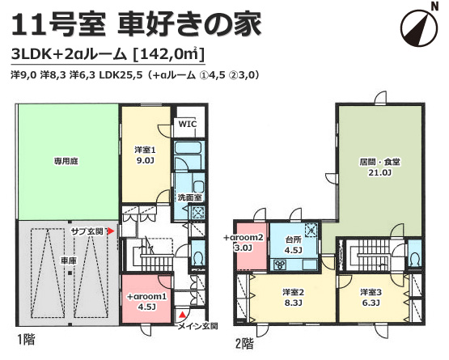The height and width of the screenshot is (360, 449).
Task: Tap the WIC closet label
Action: point(188,124)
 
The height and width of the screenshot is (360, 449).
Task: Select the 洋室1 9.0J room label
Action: point(145,155)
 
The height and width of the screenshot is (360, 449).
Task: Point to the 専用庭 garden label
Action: point(66,161)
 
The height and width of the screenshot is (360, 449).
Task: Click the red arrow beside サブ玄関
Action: point(111,231)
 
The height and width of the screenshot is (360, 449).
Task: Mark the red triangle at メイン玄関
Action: point(182,315)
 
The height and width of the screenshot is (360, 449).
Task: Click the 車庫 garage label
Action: point(69,260)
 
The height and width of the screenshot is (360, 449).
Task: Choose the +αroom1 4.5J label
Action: point(146,301)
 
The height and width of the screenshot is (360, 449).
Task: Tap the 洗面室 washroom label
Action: point(189,197)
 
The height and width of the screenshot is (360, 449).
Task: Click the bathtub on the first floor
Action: point(188,149)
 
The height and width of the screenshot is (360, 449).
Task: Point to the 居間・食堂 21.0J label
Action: point(379,167)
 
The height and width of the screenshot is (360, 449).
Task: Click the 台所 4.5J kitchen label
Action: point(293,245)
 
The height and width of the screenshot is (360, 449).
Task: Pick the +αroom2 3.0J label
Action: point(244,243)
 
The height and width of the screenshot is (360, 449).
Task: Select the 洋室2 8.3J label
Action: point(293,297)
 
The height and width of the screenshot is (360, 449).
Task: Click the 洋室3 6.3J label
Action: point(371,297)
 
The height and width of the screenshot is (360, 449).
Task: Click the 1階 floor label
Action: point(26,340)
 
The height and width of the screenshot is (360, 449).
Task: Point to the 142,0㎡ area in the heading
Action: point(170,54)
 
